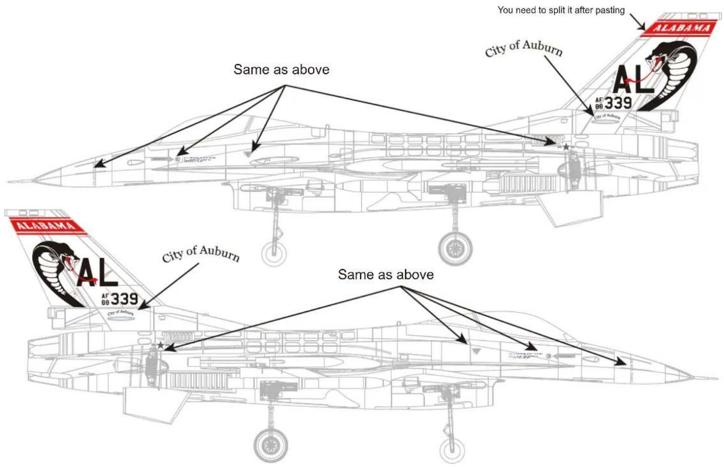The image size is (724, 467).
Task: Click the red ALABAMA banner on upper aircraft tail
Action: point(680,28)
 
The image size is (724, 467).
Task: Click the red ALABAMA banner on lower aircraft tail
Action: point(46,225)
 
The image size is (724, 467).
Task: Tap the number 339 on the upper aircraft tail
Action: point(618,103)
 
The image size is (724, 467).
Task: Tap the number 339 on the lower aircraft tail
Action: point(124,299)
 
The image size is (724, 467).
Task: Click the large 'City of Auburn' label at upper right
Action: point(524,48)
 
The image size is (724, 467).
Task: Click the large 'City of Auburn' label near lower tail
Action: point(201,253)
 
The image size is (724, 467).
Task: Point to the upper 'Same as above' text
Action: point(281,70)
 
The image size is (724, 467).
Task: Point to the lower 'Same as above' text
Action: point(385,275)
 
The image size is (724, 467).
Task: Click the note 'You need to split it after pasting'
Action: point(561,10)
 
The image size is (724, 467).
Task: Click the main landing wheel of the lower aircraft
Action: point(271,443)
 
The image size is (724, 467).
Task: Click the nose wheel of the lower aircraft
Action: point(452,450)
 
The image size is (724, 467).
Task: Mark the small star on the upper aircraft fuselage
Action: point(566,147)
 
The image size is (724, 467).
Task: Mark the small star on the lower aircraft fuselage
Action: point(160,345)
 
